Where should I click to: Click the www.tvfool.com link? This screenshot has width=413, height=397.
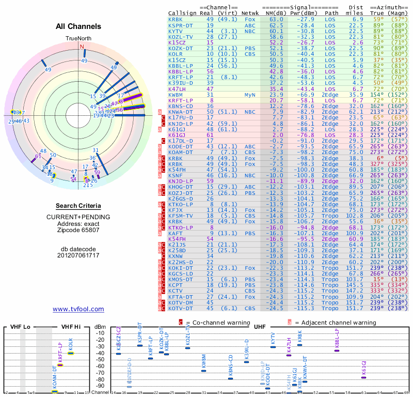coord(78,309)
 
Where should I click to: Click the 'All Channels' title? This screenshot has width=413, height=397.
coord(78,26)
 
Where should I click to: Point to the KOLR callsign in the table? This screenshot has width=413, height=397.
coord(176,54)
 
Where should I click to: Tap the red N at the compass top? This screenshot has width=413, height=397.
coord(82,47)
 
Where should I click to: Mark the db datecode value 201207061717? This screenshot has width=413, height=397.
coord(78,255)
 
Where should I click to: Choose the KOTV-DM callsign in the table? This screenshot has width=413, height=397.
coord(181,302)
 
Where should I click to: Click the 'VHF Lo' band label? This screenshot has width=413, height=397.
coord(19,327)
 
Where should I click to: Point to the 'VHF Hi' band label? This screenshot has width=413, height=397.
coord(70,327)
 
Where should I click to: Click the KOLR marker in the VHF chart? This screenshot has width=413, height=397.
coord(71,353)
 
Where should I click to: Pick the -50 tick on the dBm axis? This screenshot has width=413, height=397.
coord(101,367)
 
